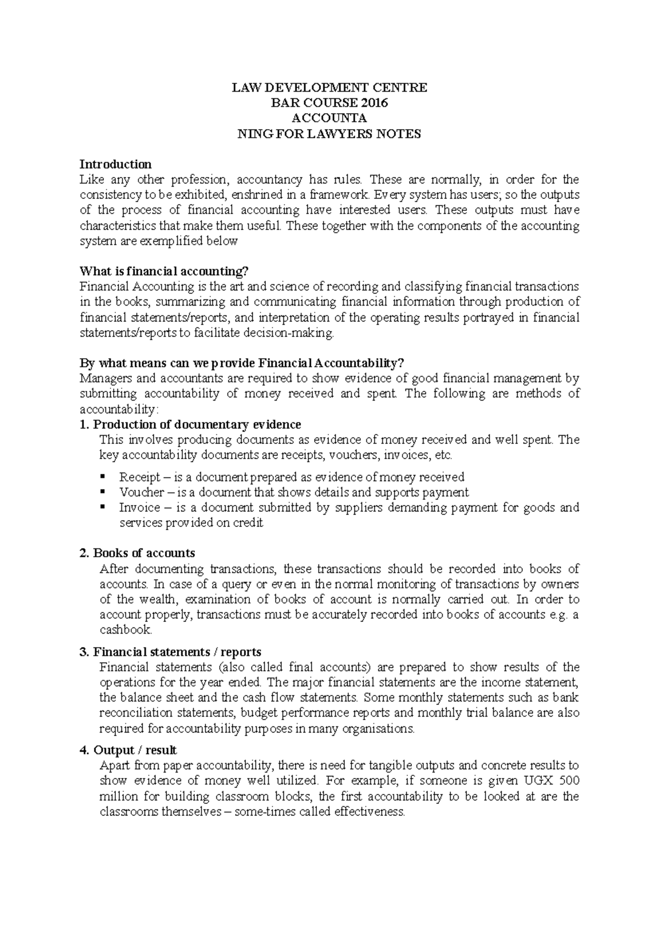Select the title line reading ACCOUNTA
[329, 118]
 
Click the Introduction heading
[115, 164]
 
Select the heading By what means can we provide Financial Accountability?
[242, 363]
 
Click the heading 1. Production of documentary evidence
[191, 425]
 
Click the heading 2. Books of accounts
[137, 553]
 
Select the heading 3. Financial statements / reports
[170, 652]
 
